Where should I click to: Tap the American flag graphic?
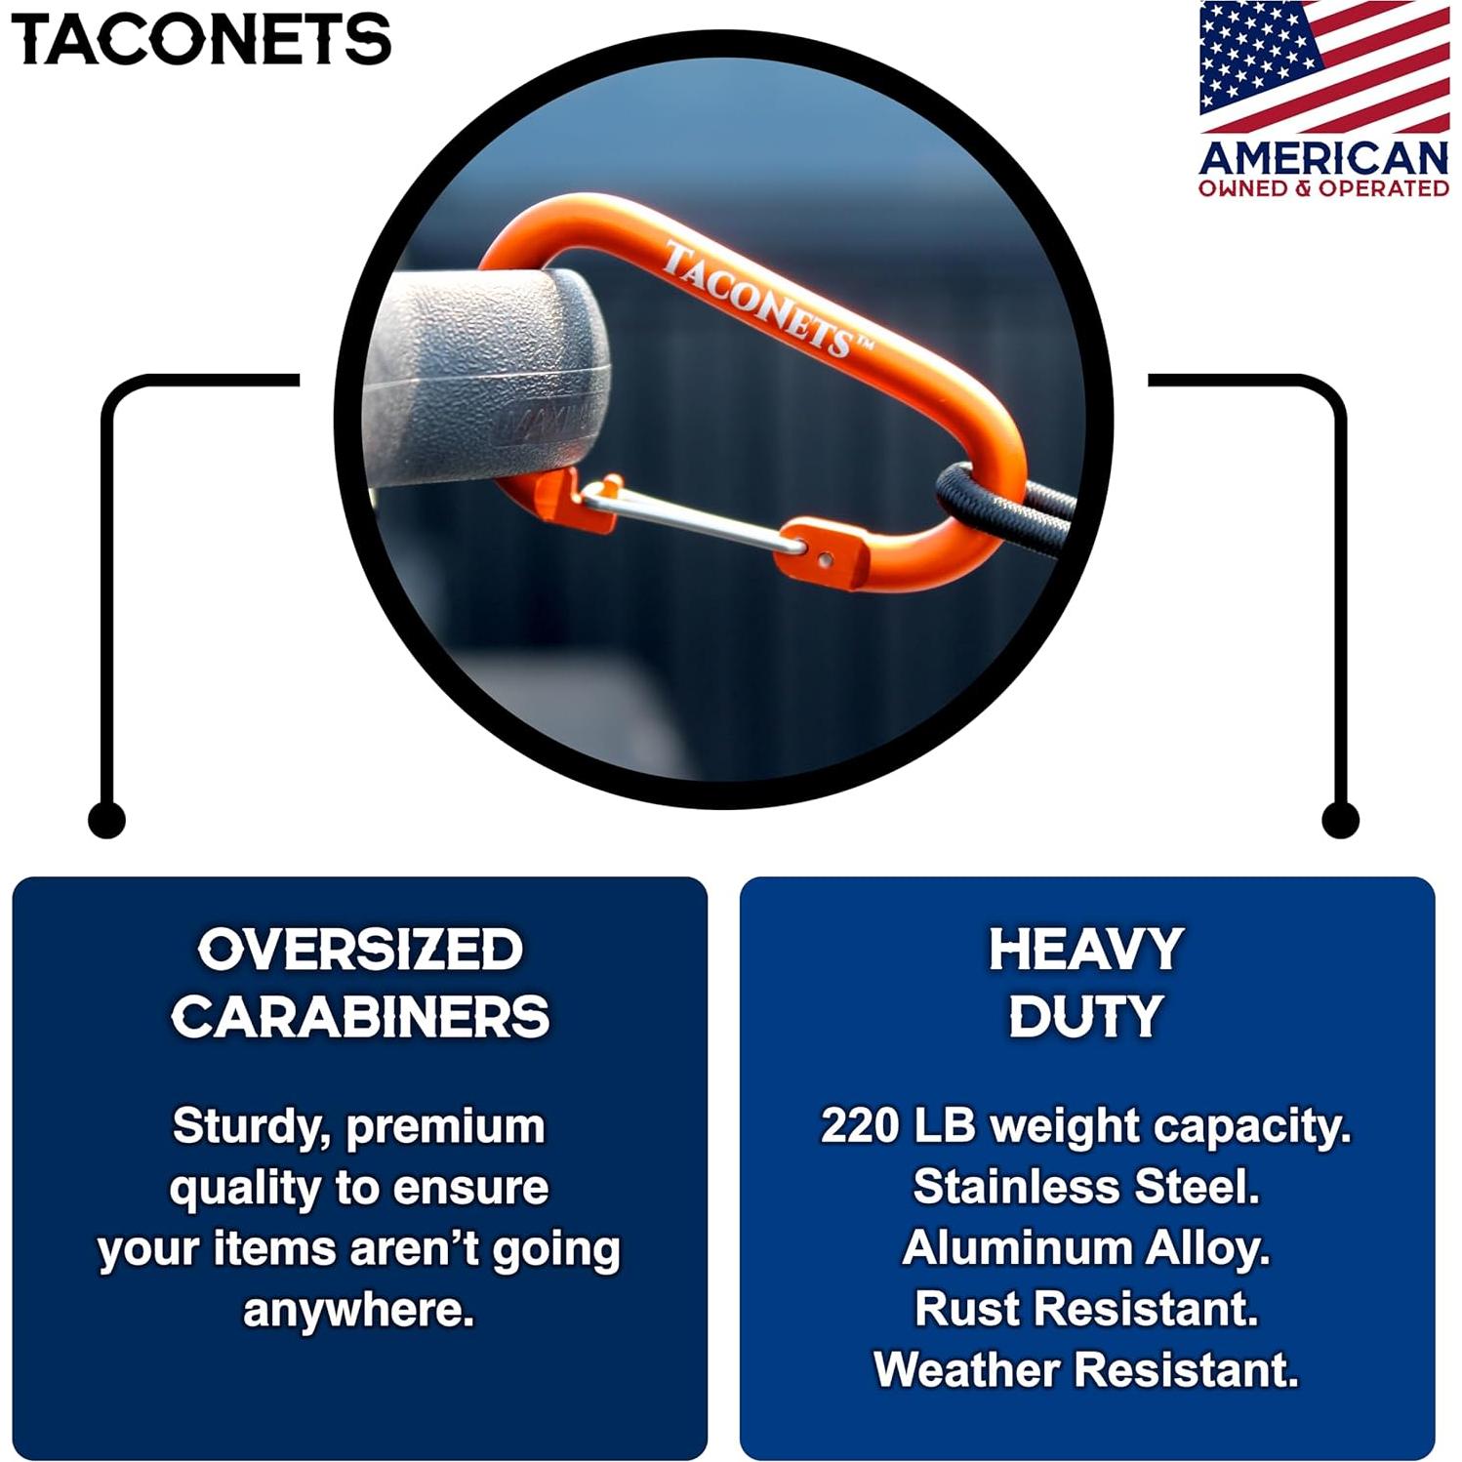pyautogui.click(x=1323, y=66)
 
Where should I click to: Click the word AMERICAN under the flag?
pyautogui.click(x=1323, y=157)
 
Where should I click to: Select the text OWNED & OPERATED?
pyautogui.click(x=1323, y=188)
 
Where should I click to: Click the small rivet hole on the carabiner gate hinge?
pyautogui.click(x=825, y=560)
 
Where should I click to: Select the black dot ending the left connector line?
pyautogui.click(x=106, y=819)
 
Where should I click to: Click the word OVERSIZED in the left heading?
pyautogui.click(x=360, y=950)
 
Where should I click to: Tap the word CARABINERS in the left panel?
pyautogui.click(x=360, y=1016)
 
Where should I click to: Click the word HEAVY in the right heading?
pyautogui.click(x=1085, y=950)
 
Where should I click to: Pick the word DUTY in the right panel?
pyautogui.click(x=1085, y=1016)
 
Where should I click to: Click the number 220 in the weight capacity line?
pyautogui.click(x=859, y=1125)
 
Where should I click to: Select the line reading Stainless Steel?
pyautogui.click(x=1085, y=1187)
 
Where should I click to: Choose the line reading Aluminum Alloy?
pyautogui.click(x=1085, y=1247)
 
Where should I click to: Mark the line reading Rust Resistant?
pyautogui.click(x=1085, y=1309)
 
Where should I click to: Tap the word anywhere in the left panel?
pyautogui.click(x=358, y=1310)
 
